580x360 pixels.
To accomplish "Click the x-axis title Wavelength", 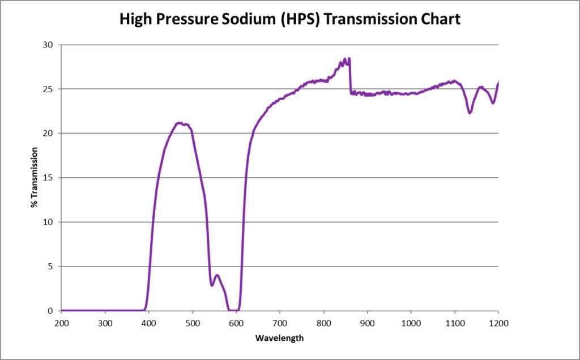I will pos(280,338).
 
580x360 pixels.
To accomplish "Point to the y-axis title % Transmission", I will pos(35,177).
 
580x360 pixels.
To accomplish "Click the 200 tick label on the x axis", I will pos(61,323).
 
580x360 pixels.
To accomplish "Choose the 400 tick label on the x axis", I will pos(148,323).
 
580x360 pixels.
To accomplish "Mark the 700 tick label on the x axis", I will pos(280,323).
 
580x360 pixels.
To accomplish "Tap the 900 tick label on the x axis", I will pos(367,323).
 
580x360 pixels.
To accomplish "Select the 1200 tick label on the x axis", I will pos(498,323).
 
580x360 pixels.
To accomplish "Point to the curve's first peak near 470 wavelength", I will pos(180,123).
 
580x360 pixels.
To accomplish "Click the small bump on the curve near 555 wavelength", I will pos(216,275).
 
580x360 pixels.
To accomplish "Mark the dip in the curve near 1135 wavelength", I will pos(470,113).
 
